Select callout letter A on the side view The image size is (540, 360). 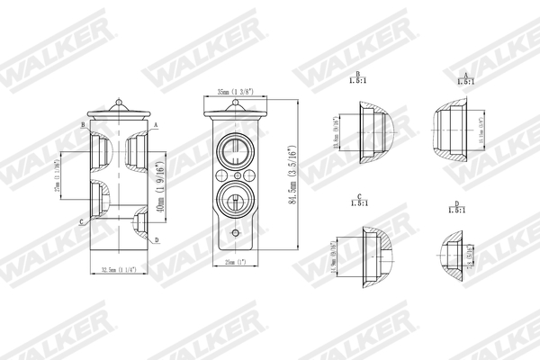pyautogui.click(x=156, y=124)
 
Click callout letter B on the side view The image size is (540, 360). pyautogui.click(x=82, y=124)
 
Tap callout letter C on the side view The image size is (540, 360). pyautogui.click(x=82, y=220)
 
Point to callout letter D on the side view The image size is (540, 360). pyautogui.click(x=157, y=240)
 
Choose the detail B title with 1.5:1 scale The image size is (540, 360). pyautogui.click(x=358, y=80)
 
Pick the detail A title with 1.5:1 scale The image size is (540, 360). pyautogui.click(x=464, y=80)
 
